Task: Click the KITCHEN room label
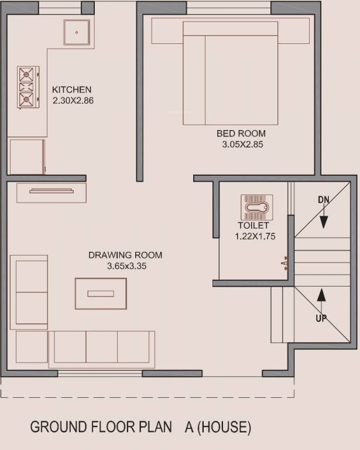click(72, 90)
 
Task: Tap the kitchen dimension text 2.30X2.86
click(73, 100)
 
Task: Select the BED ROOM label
click(241, 134)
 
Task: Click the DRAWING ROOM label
click(125, 255)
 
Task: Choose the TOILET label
click(253, 226)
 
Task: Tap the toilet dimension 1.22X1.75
click(255, 236)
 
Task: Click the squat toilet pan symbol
click(257, 207)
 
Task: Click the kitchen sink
click(77, 32)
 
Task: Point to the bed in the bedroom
click(230, 73)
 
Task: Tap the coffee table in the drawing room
click(101, 294)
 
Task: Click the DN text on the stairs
click(324, 200)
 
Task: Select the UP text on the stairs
click(321, 318)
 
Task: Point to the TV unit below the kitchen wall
click(52, 192)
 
